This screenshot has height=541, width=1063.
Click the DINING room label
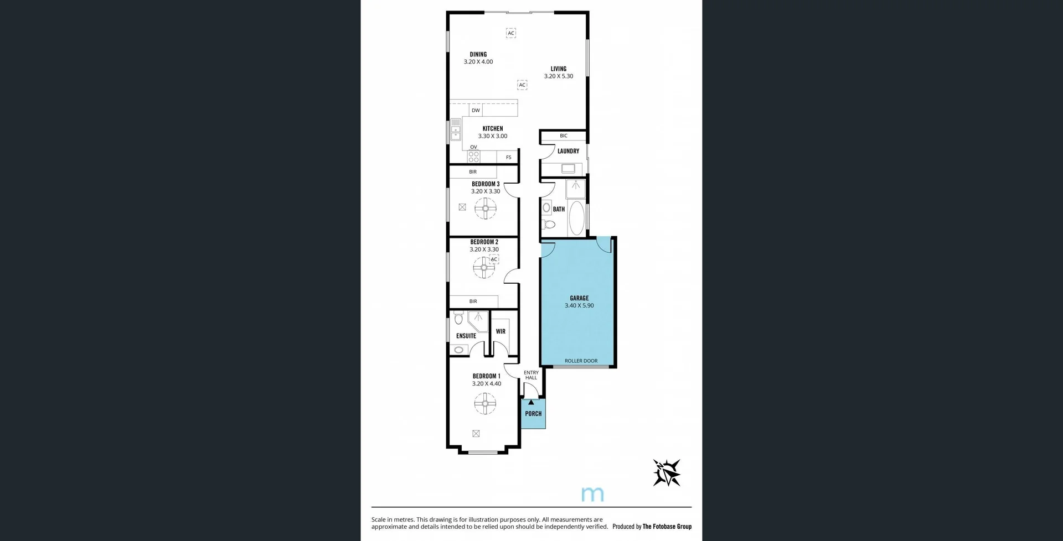[x=478, y=54]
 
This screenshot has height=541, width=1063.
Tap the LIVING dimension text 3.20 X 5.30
[x=558, y=76]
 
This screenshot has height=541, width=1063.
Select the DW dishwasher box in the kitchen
[x=476, y=111]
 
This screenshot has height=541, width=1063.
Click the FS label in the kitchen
[x=509, y=158]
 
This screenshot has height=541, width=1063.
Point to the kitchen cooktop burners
[x=473, y=157]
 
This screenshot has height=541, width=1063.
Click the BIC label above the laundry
[x=564, y=136]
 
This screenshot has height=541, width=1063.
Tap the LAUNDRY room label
[x=568, y=151]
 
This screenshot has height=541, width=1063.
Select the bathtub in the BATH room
[x=576, y=217]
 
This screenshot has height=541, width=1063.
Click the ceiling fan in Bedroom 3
[x=486, y=209]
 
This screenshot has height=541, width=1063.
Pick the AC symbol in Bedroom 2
[x=494, y=259]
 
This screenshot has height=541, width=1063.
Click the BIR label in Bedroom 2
[x=473, y=301]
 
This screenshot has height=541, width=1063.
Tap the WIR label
[x=500, y=331]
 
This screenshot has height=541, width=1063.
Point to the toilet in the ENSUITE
[x=458, y=318]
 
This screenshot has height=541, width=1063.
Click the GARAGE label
[x=579, y=298]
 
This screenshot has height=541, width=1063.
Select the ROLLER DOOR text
[x=581, y=361]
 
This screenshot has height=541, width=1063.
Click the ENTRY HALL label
[x=531, y=375]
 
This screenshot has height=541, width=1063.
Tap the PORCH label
[x=533, y=414]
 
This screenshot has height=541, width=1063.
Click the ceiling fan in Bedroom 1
[x=485, y=403]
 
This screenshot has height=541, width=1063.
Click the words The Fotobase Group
[x=667, y=527]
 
